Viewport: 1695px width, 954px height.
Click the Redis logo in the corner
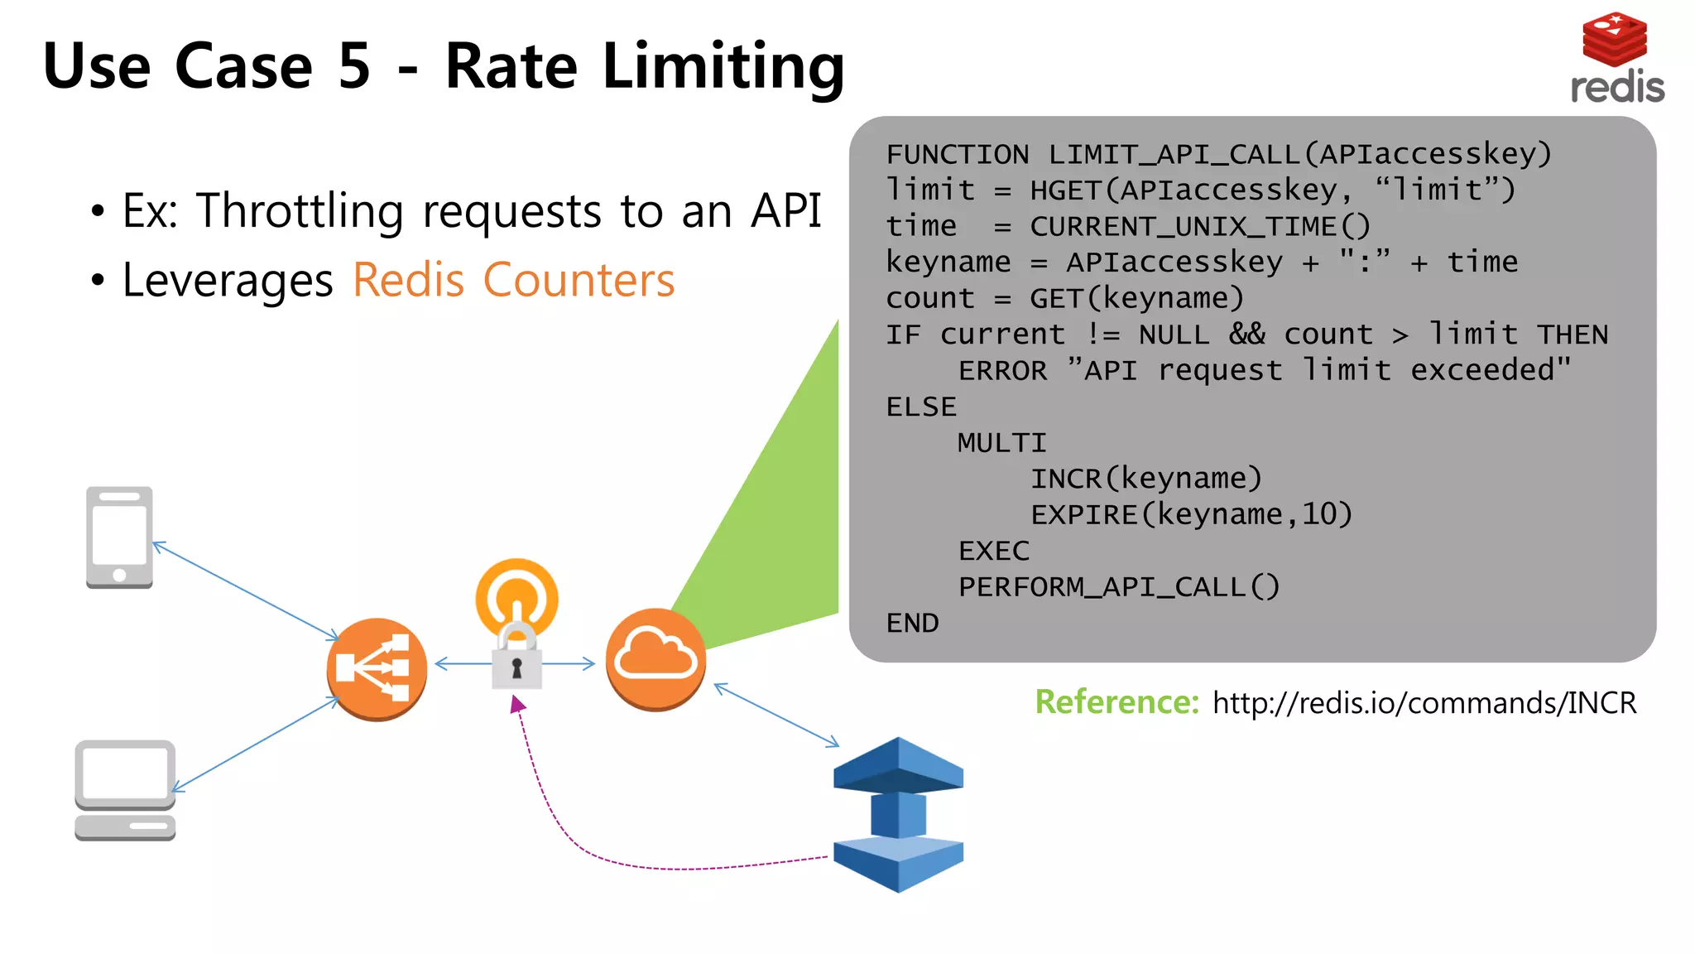[1616, 58]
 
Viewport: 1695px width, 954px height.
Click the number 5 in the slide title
[354, 66]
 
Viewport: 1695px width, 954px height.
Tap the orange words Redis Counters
[513, 280]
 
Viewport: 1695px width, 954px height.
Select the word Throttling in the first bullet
[300, 211]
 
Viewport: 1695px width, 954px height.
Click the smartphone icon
[119, 537]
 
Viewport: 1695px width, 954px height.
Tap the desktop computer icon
[125, 790]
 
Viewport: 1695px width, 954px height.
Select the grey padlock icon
[517, 659]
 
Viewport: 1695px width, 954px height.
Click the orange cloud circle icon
[655, 659]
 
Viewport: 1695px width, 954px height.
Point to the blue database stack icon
[898, 814]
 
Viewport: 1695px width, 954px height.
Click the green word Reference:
[1116, 702]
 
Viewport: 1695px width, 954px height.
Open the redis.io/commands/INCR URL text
[1424, 703]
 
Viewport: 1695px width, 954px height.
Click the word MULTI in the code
[1001, 443]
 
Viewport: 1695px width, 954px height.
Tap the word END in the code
[912, 623]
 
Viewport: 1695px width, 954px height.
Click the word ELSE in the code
[921, 407]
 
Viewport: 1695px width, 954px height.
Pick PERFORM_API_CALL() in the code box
[1118, 587]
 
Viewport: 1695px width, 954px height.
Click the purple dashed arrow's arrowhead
[517, 705]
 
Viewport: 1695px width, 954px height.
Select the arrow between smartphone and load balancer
[246, 590]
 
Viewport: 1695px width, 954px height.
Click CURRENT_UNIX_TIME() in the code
[1199, 226]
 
